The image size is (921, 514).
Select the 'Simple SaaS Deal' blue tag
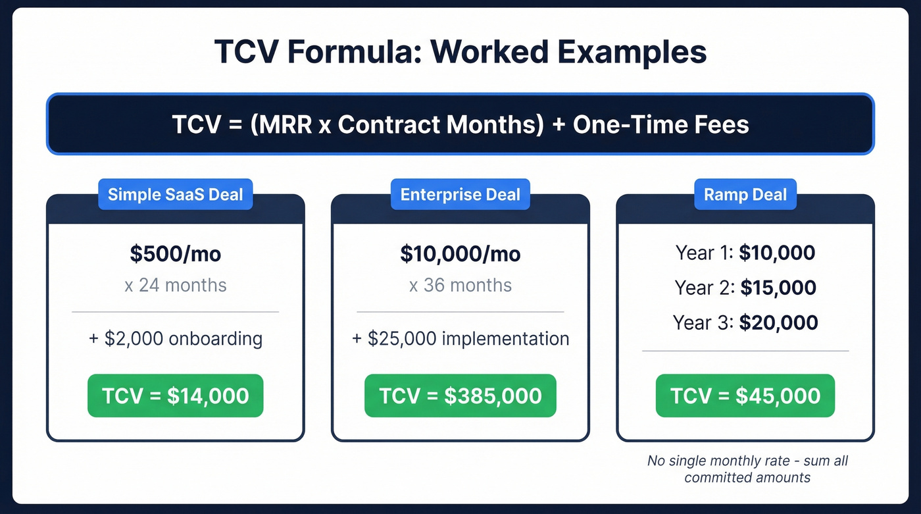coord(175,195)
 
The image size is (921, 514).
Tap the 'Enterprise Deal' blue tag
coord(460,195)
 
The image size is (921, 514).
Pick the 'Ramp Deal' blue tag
coord(745,195)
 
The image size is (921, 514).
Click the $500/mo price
coord(175,254)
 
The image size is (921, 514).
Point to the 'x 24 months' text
coord(175,285)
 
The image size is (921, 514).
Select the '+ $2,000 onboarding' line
coord(175,339)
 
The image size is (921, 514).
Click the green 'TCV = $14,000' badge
coord(175,396)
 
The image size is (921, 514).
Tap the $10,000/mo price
coord(460,254)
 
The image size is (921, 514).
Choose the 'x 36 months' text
coord(460,285)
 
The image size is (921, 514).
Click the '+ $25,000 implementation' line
coord(460,339)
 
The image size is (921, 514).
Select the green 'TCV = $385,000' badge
coord(460,396)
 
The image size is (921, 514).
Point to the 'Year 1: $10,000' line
coord(745,253)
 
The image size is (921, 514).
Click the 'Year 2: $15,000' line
coord(745,288)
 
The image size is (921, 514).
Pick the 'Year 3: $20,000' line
coord(745,322)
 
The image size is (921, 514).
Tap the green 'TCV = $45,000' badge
coord(745,396)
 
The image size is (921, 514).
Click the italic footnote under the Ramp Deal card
coord(747,469)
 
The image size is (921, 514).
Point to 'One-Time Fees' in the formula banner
coord(660,124)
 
